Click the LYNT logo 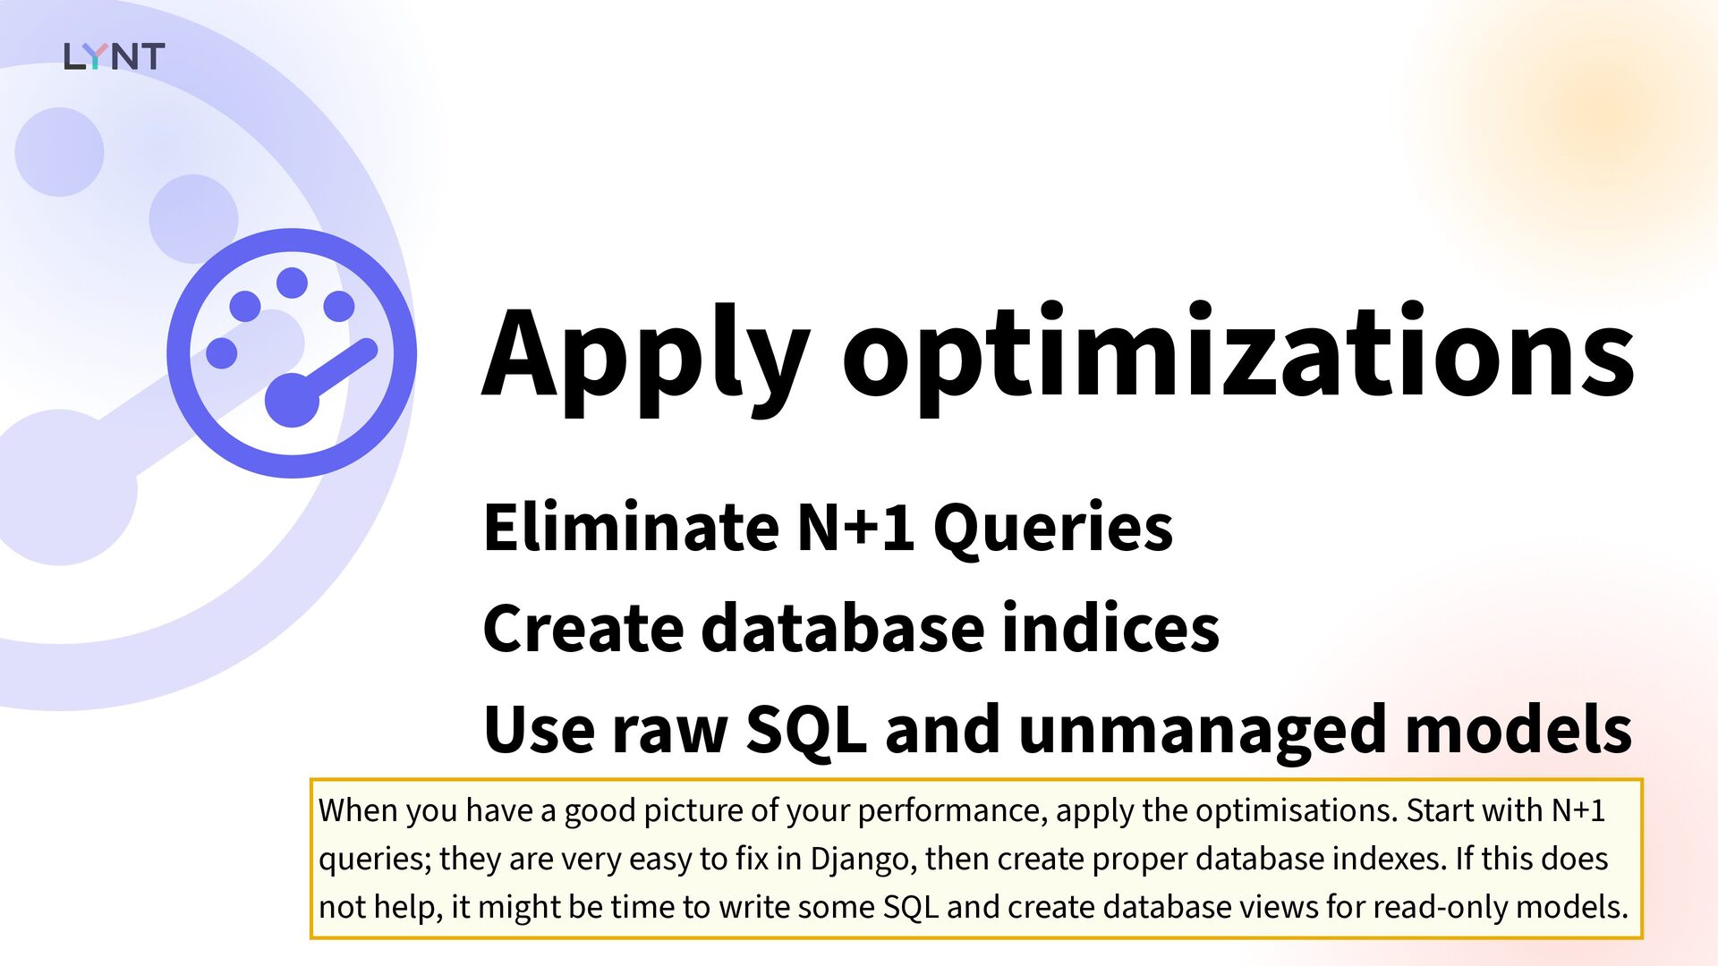click(114, 56)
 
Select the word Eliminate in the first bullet click(631, 527)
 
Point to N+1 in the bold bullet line click(855, 527)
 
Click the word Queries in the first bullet click(1053, 530)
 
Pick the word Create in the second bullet click(583, 628)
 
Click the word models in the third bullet click(1518, 729)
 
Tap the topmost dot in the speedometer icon click(292, 283)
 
